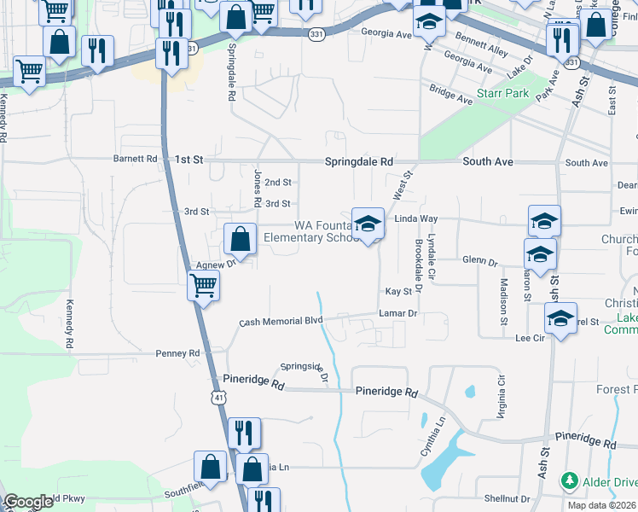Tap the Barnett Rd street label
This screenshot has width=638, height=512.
pyautogui.click(x=136, y=159)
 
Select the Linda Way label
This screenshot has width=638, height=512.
pyautogui.click(x=415, y=219)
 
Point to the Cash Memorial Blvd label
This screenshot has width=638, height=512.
pyautogui.click(x=281, y=321)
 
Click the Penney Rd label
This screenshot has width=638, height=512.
pyautogui.click(x=177, y=352)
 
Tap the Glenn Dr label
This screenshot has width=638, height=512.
pyautogui.click(x=479, y=261)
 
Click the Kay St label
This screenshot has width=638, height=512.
pyautogui.click(x=399, y=292)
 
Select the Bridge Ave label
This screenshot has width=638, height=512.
pyautogui.click(x=450, y=95)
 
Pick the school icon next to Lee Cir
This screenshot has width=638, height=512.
pyautogui.click(x=560, y=318)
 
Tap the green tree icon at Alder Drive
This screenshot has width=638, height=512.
pyautogui.click(x=569, y=482)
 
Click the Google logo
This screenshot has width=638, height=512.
pyautogui.click(x=28, y=502)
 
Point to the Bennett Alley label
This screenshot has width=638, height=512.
pyautogui.click(x=482, y=45)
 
